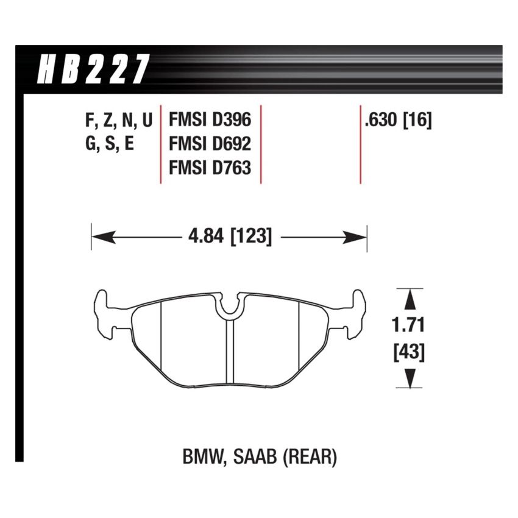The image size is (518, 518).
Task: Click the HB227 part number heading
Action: coord(93,69)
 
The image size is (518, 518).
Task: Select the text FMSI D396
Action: coord(210,119)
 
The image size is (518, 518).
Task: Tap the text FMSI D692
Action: coord(210,143)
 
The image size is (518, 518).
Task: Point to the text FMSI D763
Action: coord(210,167)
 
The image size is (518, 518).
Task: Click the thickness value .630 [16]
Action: coord(397,119)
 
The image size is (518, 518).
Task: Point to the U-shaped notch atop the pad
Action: coord(229,307)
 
